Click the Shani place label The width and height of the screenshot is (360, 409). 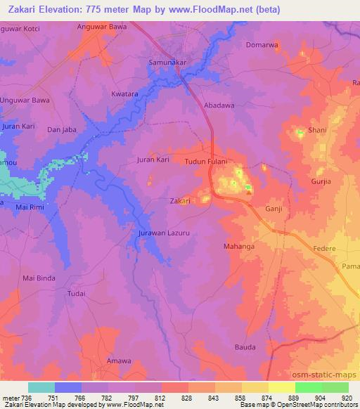[317, 130]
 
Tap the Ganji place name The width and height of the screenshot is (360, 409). [274, 209]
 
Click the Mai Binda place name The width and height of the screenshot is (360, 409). [39, 278]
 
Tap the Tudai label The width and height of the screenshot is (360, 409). [77, 292]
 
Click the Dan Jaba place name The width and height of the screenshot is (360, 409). [61, 129]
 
